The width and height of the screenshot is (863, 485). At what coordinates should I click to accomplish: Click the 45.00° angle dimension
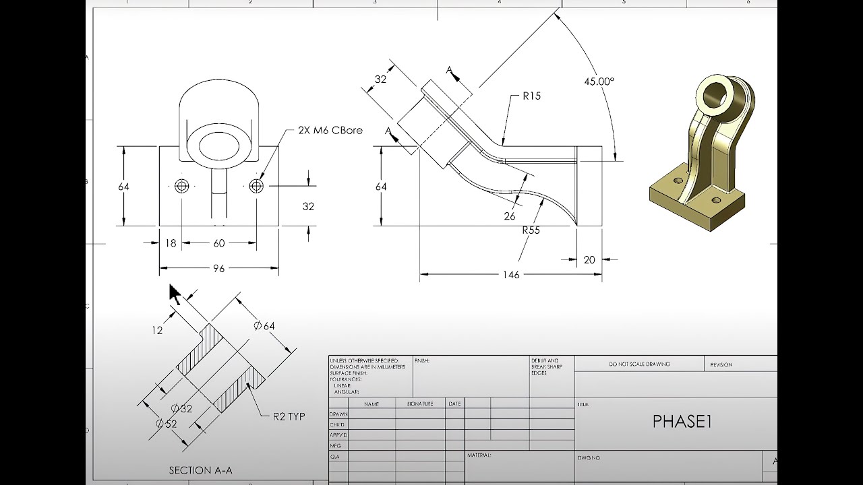599,82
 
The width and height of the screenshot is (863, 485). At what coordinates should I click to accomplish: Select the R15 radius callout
531,96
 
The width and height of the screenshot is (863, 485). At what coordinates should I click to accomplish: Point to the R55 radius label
531,230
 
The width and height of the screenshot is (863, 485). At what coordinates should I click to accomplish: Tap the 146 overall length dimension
511,275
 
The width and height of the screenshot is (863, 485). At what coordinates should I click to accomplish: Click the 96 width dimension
218,269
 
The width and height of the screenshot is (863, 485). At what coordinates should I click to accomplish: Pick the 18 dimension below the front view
171,243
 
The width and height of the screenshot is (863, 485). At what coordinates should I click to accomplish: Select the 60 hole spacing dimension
219,243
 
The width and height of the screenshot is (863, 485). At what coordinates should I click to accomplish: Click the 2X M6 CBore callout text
330,130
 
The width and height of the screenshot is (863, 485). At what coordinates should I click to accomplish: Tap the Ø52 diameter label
166,424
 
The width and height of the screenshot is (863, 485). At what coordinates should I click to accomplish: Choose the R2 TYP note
289,416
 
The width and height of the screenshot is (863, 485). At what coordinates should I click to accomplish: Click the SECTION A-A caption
200,471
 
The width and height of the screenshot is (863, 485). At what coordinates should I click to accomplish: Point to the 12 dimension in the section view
157,331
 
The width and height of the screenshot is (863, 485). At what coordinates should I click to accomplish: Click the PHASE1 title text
682,422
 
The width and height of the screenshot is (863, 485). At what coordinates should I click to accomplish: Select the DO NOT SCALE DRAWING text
639,364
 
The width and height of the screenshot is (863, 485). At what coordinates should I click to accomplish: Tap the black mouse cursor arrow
174,294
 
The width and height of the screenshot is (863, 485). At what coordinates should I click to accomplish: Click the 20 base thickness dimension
589,259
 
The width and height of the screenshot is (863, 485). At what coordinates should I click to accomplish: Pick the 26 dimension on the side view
510,216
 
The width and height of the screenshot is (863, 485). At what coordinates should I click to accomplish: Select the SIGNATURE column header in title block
419,403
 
